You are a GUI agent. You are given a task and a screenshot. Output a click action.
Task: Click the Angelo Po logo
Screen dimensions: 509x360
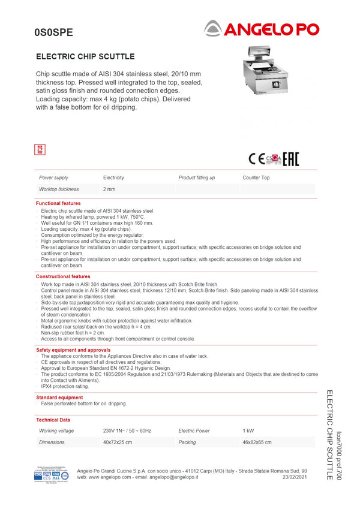coord(262,28)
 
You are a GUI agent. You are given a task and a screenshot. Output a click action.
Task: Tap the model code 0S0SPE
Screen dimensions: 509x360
coord(53,34)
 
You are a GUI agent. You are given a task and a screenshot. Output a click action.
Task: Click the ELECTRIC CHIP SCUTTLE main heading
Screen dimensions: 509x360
coord(85,57)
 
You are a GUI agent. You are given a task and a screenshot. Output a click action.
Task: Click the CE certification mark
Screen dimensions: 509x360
coord(256,159)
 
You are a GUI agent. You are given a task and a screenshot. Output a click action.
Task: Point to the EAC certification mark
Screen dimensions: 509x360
coord(290,159)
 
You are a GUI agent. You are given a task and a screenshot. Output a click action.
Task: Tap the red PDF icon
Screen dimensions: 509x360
coord(41,149)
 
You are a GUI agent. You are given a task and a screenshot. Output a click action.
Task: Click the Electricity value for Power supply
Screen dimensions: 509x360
coord(113,178)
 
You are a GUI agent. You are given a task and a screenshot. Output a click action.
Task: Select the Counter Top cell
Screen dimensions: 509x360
coord(256,178)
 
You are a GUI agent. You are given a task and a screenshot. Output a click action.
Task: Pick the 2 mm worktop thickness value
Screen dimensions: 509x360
coord(109,189)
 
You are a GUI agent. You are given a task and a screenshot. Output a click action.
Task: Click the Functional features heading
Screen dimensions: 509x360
coord(58,204)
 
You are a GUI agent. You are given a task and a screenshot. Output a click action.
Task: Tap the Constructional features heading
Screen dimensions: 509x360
coord(63,276)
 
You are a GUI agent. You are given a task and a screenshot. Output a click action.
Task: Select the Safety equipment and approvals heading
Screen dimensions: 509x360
coord(73,350)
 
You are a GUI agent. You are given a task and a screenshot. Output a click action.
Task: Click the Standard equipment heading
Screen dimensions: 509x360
coord(59,397)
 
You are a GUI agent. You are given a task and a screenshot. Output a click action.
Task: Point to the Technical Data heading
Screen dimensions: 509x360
coord(53,420)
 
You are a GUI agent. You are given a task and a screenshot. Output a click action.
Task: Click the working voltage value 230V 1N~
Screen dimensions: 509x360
coord(127,431)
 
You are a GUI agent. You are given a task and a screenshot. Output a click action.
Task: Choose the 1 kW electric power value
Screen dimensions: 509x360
coord(248,431)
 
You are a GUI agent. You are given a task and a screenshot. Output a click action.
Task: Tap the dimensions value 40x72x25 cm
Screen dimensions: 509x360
coord(118,442)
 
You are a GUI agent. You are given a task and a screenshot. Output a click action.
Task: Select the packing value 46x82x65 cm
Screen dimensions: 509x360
coord(257,442)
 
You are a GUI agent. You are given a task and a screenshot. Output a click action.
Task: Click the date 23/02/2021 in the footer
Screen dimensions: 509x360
coord(295,477)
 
